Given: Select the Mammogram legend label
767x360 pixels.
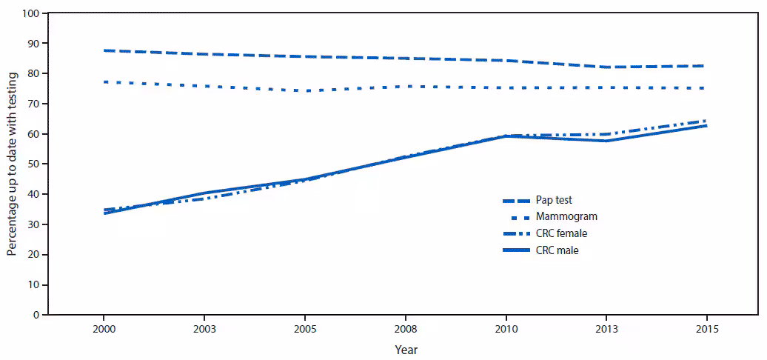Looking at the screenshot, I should point(566,217).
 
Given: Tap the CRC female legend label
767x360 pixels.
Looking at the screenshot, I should point(563,233).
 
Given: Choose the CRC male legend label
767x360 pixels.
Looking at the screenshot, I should point(558,250).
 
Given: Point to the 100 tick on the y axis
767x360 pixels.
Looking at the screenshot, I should point(30,13).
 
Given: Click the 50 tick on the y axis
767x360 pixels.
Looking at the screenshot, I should point(33,164).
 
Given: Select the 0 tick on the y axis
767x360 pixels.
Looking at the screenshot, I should point(36,315).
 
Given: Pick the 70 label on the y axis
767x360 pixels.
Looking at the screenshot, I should point(33,104).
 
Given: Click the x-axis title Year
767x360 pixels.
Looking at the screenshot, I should point(405,348).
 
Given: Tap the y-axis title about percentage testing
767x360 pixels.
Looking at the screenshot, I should point(13,164).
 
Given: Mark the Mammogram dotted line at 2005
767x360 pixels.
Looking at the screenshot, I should point(304,91).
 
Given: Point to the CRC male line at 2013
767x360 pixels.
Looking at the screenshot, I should point(606,141).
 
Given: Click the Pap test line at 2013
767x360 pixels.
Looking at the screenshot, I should point(606,67).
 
